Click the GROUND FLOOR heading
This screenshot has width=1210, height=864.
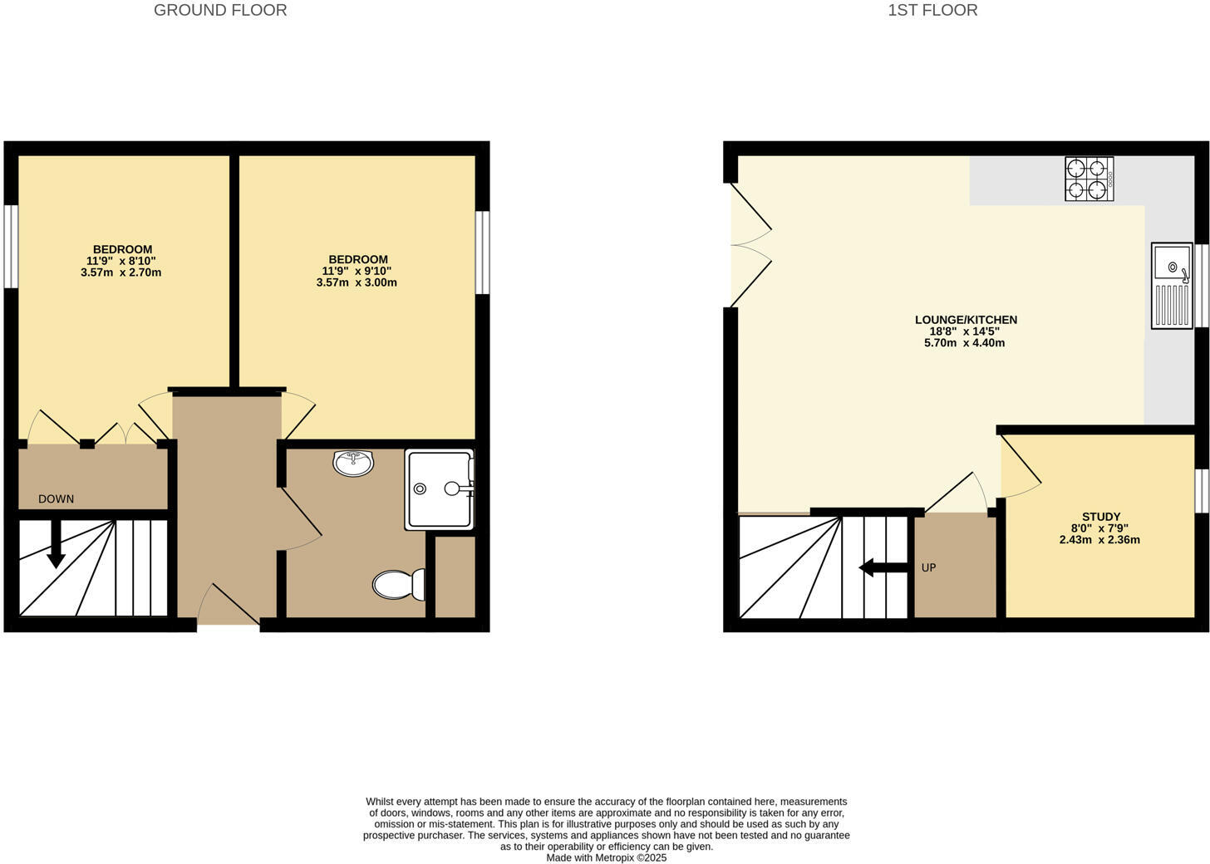point(220,11)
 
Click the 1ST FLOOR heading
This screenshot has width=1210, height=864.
point(932,11)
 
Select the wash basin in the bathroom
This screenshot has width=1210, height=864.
point(354,463)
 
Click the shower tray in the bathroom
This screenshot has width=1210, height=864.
point(439,489)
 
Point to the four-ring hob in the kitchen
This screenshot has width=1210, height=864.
point(1089,179)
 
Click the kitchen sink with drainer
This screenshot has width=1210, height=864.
point(1173,285)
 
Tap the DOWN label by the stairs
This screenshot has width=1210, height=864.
point(57,499)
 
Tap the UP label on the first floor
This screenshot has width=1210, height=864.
point(929,568)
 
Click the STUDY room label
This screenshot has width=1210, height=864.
point(1101,517)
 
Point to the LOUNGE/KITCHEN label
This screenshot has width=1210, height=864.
point(966,320)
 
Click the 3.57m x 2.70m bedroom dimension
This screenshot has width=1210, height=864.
point(121,272)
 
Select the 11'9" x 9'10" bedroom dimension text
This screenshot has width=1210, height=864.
point(357,271)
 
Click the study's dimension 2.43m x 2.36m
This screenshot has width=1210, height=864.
point(1099,540)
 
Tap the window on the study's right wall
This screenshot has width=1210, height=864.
point(1202,491)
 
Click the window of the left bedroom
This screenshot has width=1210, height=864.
point(11,247)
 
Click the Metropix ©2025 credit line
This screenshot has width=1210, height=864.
point(606,858)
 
